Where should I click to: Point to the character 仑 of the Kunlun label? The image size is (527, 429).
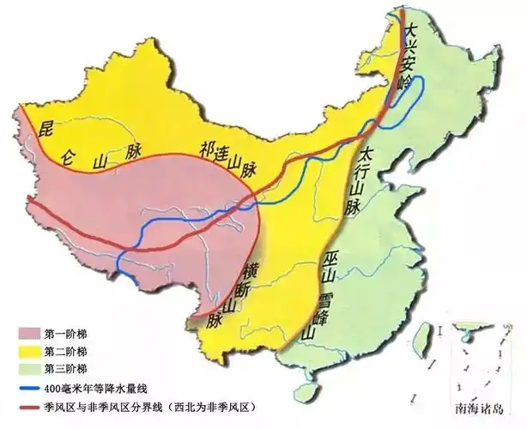pyautogui.click(x=68, y=157)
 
